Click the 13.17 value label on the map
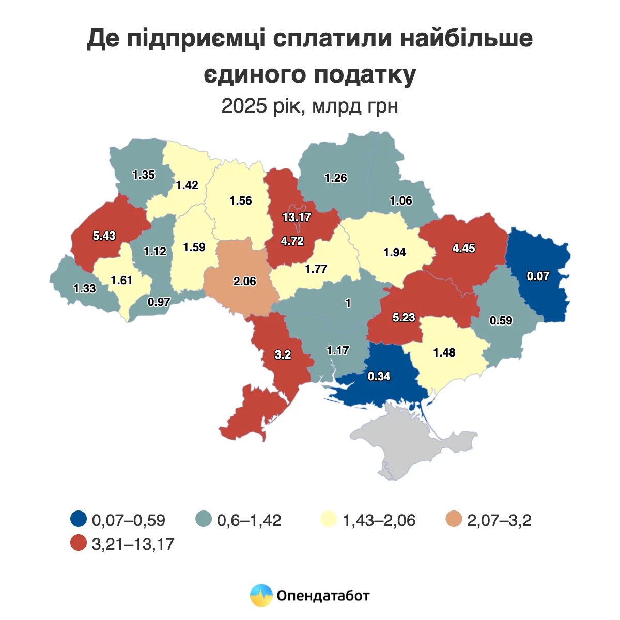[x=297, y=218]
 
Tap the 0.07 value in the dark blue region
[x=538, y=276]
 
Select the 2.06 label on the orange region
[x=245, y=282]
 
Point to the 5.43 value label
[x=104, y=236]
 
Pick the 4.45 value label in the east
[x=463, y=249]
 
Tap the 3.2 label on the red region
[x=283, y=355]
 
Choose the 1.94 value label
[x=395, y=253]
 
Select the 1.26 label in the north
[x=336, y=178]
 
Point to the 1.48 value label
[x=444, y=353]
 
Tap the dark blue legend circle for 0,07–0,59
[x=79, y=519]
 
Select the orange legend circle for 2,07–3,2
[x=455, y=519]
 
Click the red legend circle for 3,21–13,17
[x=79, y=543]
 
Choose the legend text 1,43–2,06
[x=379, y=520]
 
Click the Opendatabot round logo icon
[x=261, y=595]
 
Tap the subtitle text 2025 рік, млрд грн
[x=309, y=106]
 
